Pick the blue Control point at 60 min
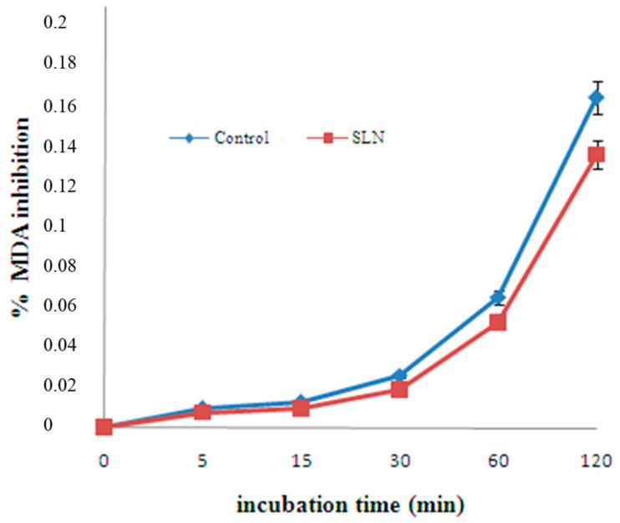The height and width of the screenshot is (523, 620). (x=497, y=296)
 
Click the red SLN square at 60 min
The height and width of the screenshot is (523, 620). (x=497, y=321)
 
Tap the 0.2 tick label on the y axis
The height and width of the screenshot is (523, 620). (x=54, y=22)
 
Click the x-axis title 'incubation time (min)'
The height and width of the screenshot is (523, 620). (x=348, y=505)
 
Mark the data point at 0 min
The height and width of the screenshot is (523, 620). (x=104, y=427)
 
